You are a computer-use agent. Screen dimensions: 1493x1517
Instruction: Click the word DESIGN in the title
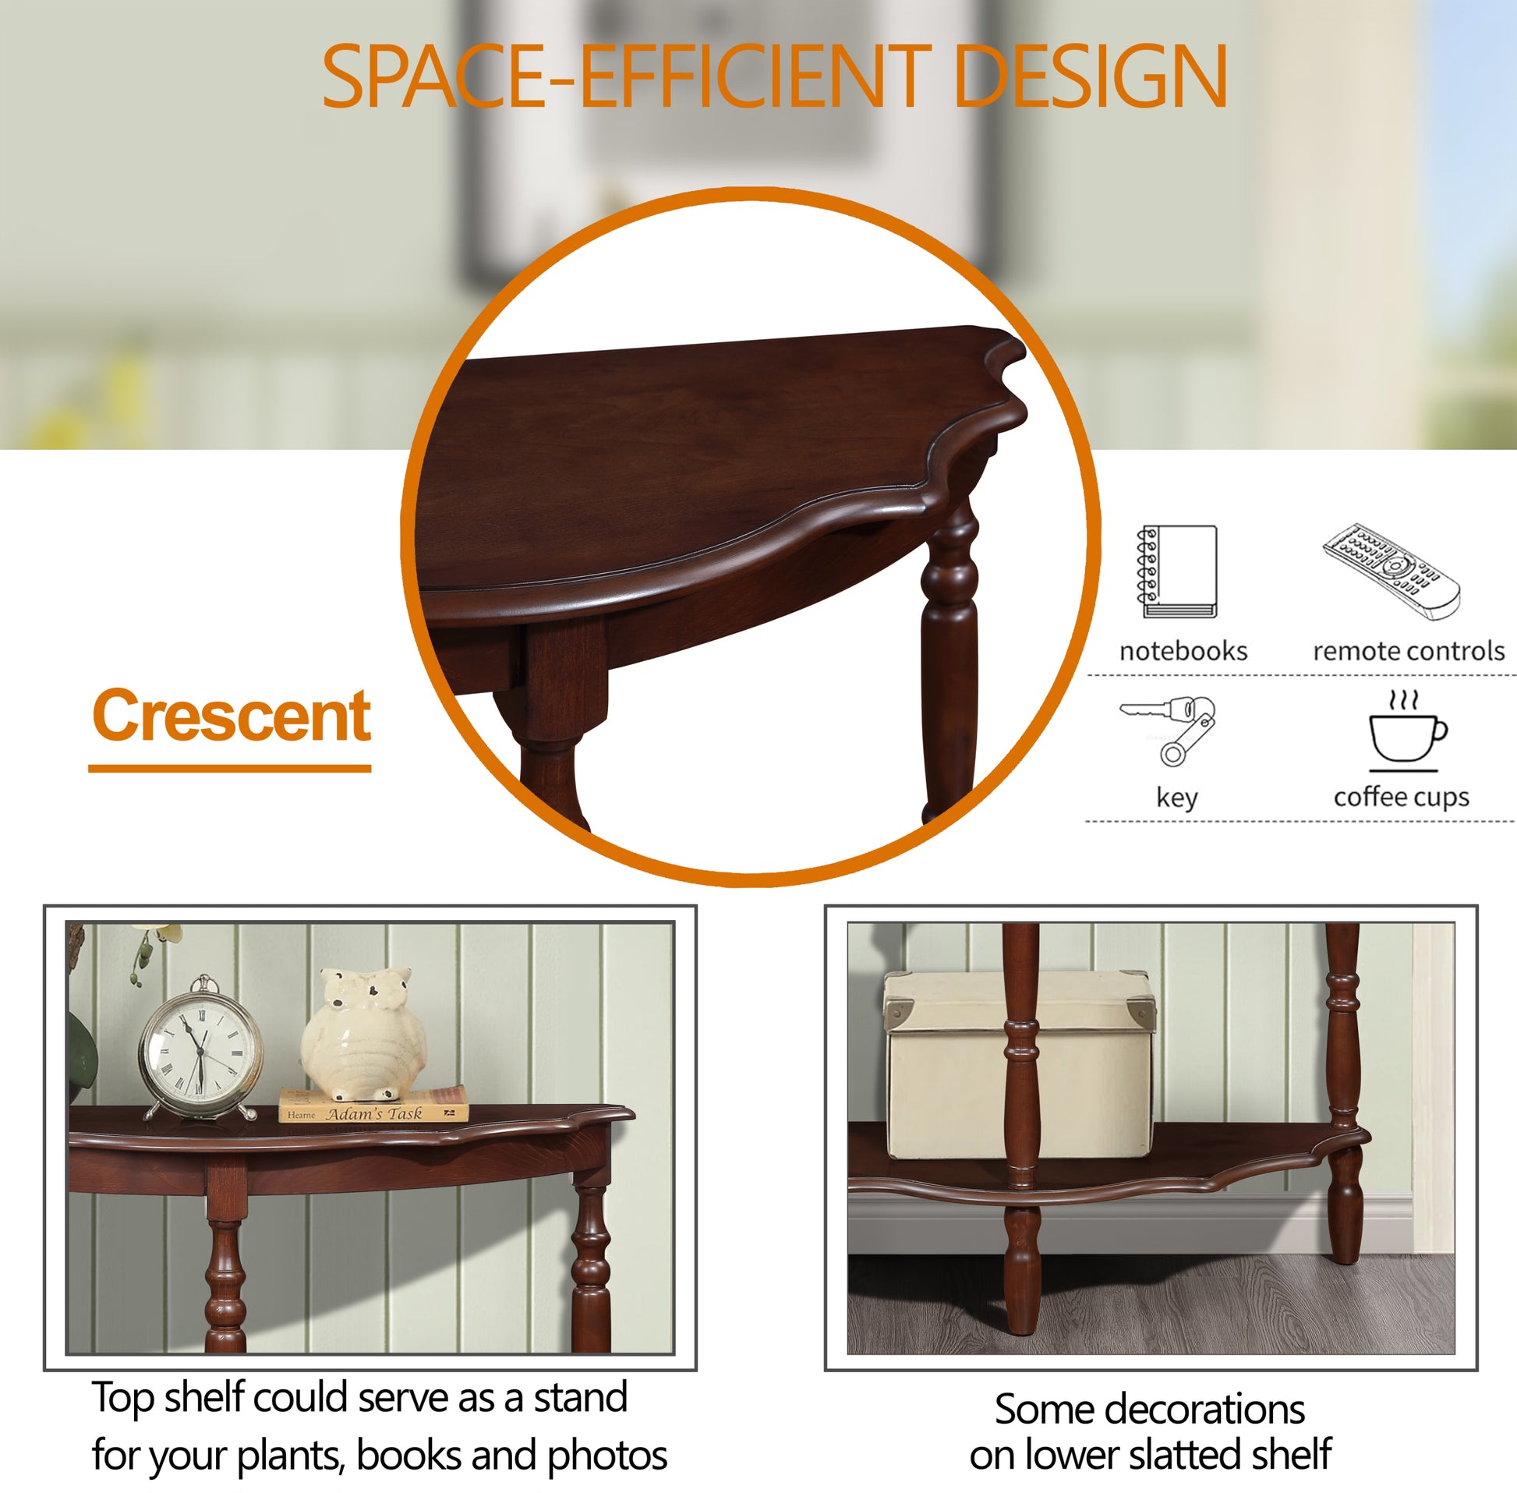[x=1091, y=76]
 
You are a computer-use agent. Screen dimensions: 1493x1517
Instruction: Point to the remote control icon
[x=1391, y=571]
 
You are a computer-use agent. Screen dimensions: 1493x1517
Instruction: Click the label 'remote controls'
[x=1409, y=651]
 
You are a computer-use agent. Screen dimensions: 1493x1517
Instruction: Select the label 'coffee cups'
[x=1402, y=797]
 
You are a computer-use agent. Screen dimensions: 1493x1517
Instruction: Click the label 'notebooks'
[x=1183, y=651]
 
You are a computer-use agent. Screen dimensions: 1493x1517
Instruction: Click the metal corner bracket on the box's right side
[x=1142, y=1010]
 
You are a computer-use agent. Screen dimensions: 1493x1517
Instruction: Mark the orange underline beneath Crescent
[x=229, y=769]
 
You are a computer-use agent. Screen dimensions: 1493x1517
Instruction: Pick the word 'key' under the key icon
[x=1177, y=798]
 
